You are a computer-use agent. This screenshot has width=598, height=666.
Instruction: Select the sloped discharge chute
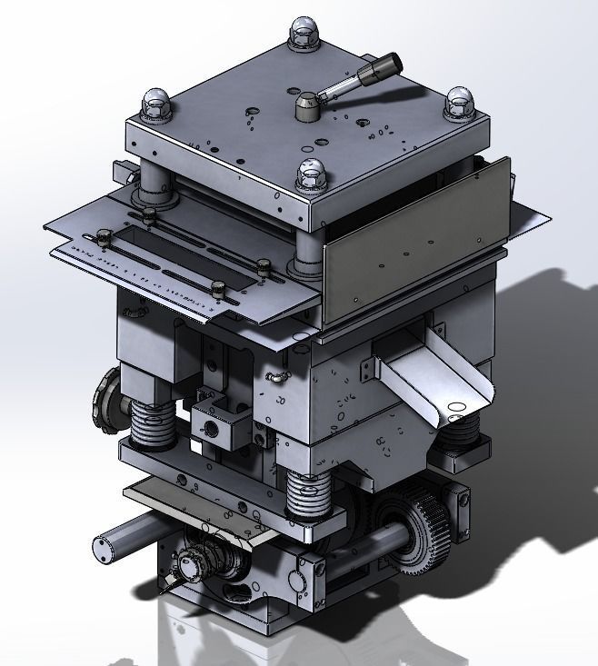pos(437,381)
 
